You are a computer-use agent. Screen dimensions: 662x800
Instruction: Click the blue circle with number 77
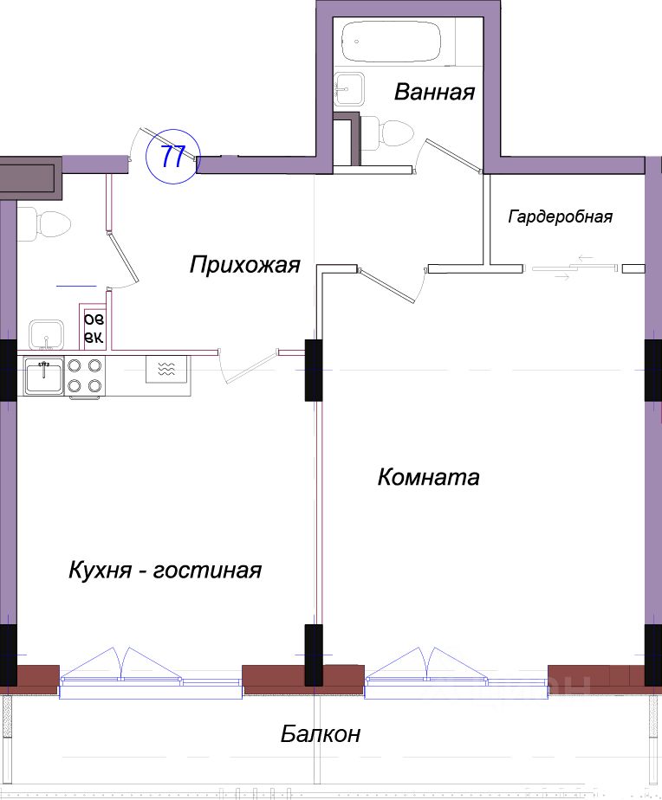173,157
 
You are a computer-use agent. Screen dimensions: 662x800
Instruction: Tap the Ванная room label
434,92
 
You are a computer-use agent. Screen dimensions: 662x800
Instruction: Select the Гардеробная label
560,216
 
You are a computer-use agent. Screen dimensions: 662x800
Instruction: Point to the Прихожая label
244,264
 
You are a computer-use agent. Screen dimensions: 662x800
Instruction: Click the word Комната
428,477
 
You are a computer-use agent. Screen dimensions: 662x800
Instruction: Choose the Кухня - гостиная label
165,571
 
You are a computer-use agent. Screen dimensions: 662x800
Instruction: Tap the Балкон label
321,735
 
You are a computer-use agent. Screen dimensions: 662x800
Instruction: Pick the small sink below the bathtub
351,85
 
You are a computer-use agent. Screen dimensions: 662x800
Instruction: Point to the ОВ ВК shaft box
93,328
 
